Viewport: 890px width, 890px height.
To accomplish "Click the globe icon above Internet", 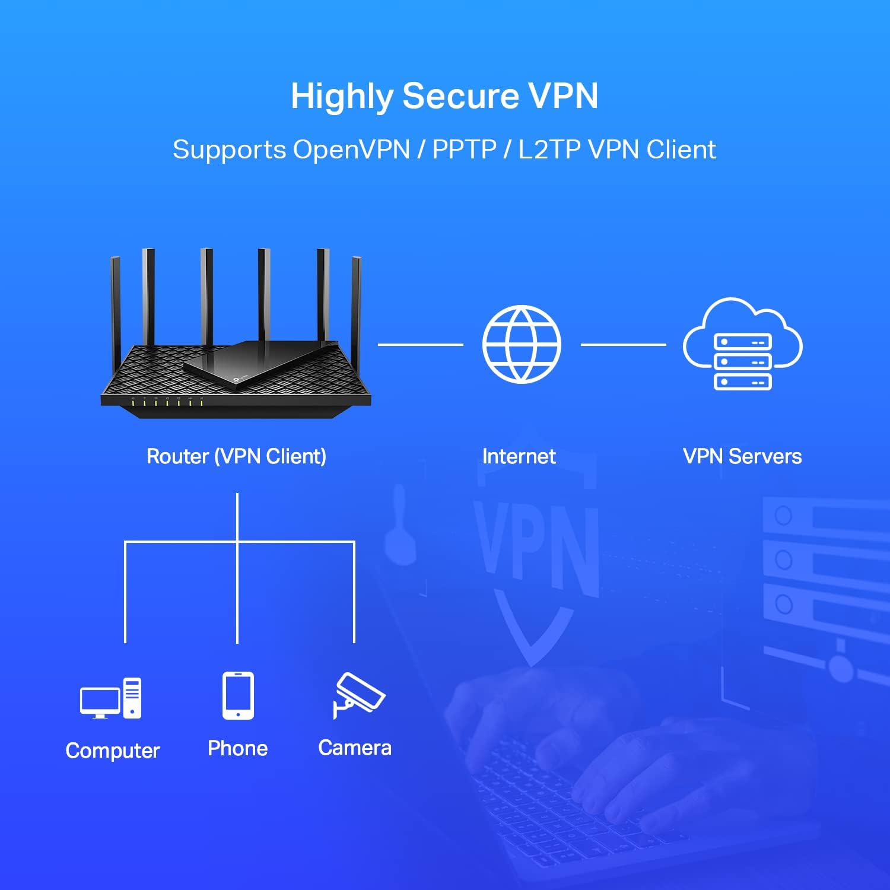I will click(x=522, y=344).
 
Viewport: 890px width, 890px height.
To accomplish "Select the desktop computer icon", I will click(x=111, y=698).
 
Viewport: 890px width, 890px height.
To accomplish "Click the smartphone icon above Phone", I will click(x=238, y=695).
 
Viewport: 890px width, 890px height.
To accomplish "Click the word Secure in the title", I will click(x=460, y=96).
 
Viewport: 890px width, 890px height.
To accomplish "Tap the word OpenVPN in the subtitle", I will click(x=351, y=150).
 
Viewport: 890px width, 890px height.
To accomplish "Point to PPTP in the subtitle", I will click(x=464, y=150).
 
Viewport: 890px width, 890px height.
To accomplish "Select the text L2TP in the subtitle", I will click(x=549, y=150).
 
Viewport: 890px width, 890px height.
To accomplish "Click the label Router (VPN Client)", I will click(x=236, y=456).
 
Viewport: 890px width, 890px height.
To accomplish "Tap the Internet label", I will click(x=519, y=456).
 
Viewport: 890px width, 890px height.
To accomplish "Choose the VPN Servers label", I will click(x=742, y=456).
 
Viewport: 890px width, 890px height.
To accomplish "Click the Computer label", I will click(x=113, y=751).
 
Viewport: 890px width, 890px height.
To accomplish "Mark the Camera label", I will click(x=355, y=748).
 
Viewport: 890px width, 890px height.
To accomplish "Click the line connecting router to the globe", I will click(x=420, y=344).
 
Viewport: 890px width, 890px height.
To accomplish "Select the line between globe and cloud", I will click(x=623, y=344).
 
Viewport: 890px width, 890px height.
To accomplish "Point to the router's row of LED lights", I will click(x=167, y=403).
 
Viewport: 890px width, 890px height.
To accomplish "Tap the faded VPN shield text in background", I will click(x=537, y=546).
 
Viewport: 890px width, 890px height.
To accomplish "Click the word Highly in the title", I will click(x=342, y=96).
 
